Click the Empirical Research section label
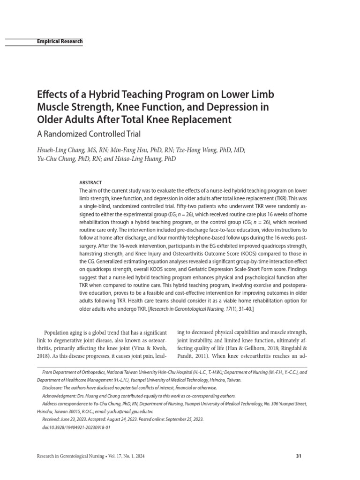point(60,41)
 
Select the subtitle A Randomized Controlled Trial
point(89,134)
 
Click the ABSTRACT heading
point(90,182)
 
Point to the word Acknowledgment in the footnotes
point(60,396)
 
